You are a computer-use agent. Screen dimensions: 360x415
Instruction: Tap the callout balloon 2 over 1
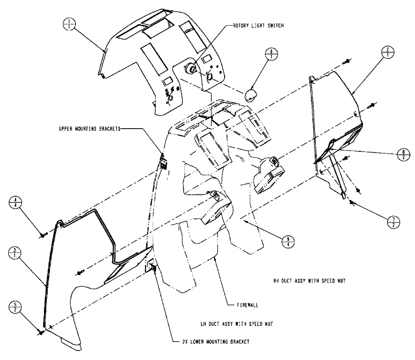click(387, 54)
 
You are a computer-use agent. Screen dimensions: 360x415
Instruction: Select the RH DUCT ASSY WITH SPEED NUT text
click(307, 281)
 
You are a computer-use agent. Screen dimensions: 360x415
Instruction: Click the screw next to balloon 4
click(42, 235)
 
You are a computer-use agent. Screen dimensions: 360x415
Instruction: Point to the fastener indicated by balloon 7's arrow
click(352, 202)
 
